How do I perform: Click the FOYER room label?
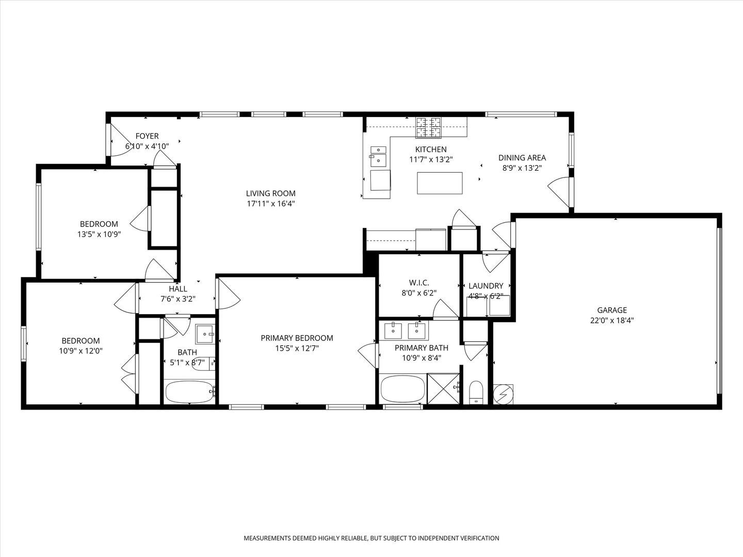pyautogui.click(x=147, y=136)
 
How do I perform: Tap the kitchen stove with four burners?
pyautogui.click(x=429, y=127)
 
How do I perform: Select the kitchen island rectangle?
pyautogui.click(x=440, y=183)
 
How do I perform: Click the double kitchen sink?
pyautogui.click(x=378, y=155)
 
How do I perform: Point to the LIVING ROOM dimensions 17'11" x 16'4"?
pyautogui.click(x=271, y=204)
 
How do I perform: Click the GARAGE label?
pyautogui.click(x=612, y=310)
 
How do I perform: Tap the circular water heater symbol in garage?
pyautogui.click(x=504, y=395)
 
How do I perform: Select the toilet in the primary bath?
pyautogui.click(x=476, y=393)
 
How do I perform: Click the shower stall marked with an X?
pyautogui.click(x=443, y=388)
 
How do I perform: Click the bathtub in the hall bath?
pyautogui.click(x=189, y=392)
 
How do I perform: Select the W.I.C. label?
pyautogui.click(x=419, y=283)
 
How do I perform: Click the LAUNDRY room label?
pyautogui.click(x=486, y=286)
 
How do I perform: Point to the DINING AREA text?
pyautogui.click(x=522, y=158)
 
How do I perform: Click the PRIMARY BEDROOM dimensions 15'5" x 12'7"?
pyautogui.click(x=297, y=348)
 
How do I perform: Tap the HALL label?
pyautogui.click(x=178, y=289)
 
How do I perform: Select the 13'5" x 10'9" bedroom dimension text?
pyautogui.click(x=99, y=234)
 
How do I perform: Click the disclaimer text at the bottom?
pyautogui.click(x=371, y=538)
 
